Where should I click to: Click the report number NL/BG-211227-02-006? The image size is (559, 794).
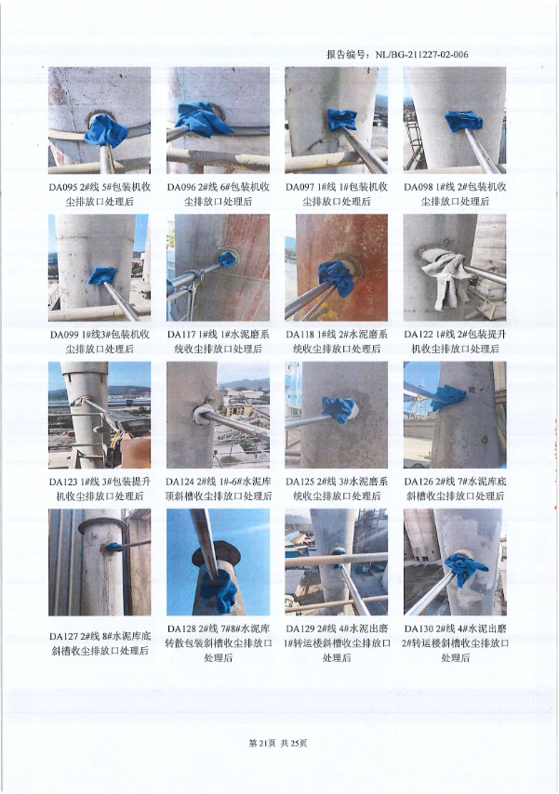coord(421,55)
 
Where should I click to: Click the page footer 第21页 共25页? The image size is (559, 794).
coord(278,744)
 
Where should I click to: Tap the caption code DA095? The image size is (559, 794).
coord(63,187)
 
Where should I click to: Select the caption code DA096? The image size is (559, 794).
coord(181,187)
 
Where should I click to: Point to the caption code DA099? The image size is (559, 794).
coord(64,334)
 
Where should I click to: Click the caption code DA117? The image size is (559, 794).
coord(182,334)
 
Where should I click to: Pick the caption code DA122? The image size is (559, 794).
coord(419,334)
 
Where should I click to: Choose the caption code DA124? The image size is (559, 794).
coord(180,482)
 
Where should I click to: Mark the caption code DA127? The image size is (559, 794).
coord(64,636)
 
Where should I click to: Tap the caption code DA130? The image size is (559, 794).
coord(419,629)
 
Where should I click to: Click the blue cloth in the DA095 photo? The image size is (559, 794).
coord(105,131)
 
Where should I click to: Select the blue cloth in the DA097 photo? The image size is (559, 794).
coord(341,120)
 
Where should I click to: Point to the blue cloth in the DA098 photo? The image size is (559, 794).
coord(463,121)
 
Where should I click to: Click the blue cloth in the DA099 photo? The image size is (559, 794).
coord(103,276)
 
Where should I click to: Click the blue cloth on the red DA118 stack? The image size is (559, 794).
coord(336,277)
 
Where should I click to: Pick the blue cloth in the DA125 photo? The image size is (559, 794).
coord(339,409)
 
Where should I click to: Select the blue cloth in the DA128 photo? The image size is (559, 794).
coord(218,590)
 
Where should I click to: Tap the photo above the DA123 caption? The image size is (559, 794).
coord(100,415)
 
